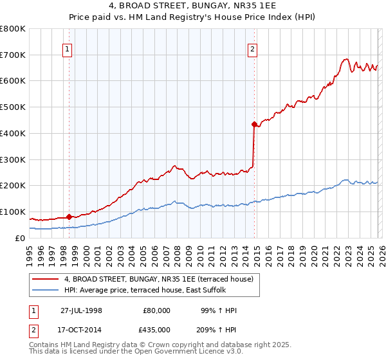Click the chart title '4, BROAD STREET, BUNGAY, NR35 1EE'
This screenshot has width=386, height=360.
193,6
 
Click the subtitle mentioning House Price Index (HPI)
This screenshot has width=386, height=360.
193,18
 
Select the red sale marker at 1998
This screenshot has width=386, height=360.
69,217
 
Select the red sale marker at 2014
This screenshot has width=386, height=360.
254,123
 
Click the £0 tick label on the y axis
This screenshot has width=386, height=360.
20,238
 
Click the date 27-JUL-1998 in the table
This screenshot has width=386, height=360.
81,310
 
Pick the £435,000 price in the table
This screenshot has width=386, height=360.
156,329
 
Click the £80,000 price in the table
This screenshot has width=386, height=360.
156,310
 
